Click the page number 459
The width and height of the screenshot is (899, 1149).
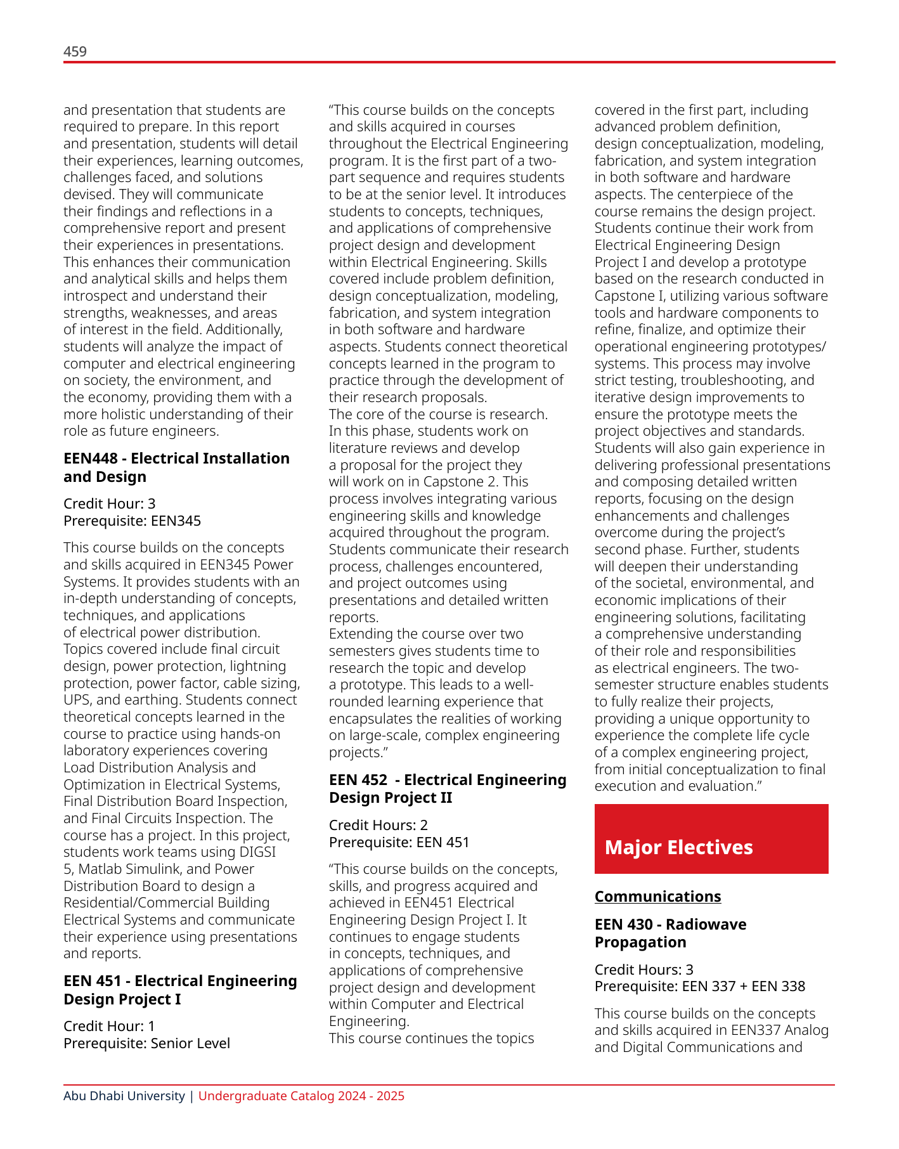[75, 52]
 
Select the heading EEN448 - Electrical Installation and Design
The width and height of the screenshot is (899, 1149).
[176, 467]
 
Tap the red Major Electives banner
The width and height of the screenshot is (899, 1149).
[711, 839]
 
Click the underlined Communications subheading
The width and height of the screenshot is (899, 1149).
[657, 897]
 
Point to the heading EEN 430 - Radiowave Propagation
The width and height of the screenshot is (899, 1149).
[670, 933]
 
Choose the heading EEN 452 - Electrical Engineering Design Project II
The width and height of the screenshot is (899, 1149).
[447, 789]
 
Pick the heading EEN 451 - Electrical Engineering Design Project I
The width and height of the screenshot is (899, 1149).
[180, 990]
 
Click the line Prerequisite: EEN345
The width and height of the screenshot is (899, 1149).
[132, 521]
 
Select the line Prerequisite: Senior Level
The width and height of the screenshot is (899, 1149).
[146, 1044]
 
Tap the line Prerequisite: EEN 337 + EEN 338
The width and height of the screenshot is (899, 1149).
[699, 987]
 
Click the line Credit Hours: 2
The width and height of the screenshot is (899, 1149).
[378, 825]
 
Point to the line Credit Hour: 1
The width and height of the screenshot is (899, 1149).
[109, 1027]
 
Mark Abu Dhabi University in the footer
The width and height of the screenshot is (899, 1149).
[124, 1096]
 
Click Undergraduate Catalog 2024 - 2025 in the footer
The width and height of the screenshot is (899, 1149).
[301, 1096]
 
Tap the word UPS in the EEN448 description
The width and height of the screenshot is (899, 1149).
[77, 700]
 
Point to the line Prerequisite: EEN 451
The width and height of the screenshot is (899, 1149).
[399, 843]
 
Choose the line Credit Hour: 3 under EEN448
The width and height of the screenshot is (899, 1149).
[109, 504]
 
